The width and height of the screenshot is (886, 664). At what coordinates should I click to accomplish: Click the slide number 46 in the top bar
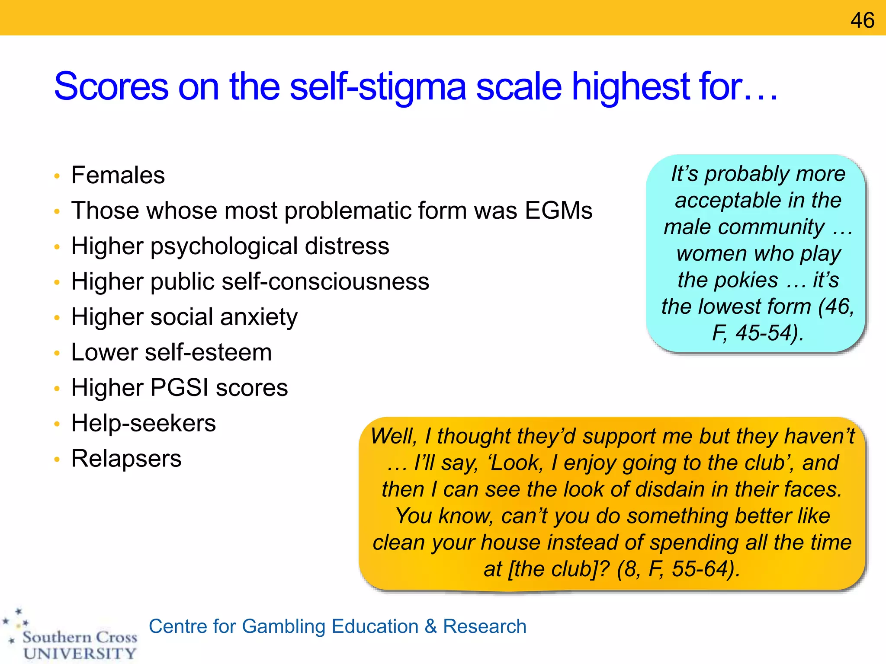coord(862,20)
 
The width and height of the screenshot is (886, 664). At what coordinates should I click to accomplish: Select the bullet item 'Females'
coord(118,175)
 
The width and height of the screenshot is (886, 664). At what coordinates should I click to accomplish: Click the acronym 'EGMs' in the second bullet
coord(559,211)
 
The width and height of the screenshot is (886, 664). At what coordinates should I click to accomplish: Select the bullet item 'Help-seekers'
coord(144,423)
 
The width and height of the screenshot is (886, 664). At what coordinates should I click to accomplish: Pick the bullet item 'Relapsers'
coord(126,458)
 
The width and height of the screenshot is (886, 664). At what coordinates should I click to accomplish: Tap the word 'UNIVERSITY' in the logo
coord(80,653)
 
